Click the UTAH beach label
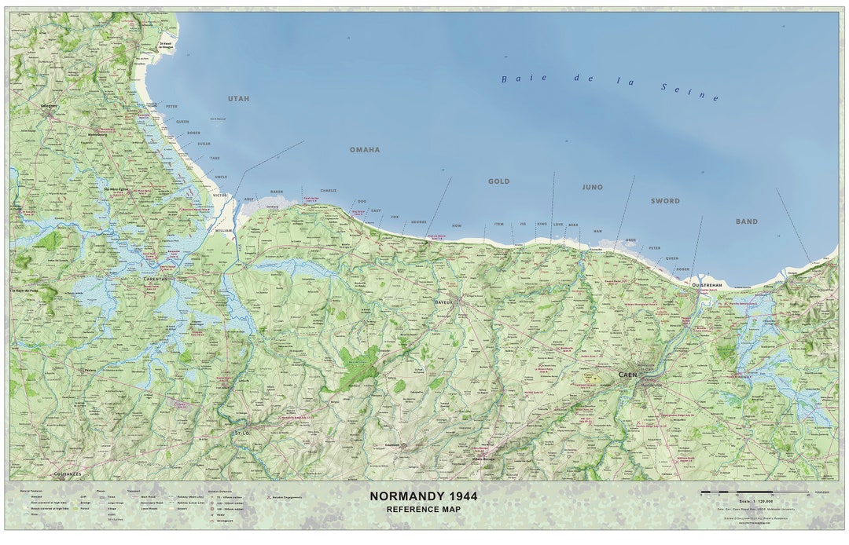click(238, 99)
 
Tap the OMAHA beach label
click(365, 149)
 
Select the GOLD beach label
click(498, 181)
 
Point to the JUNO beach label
click(592, 188)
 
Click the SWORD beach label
click(664, 201)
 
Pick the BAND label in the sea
click(746, 221)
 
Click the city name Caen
click(627, 375)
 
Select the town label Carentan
click(155, 279)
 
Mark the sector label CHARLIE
click(328, 191)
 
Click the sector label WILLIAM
click(224, 231)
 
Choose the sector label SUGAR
click(204, 144)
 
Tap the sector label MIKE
click(573, 225)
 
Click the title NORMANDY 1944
click(423, 496)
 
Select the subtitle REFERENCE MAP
click(423, 510)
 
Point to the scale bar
click(754, 492)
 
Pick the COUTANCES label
click(67, 474)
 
